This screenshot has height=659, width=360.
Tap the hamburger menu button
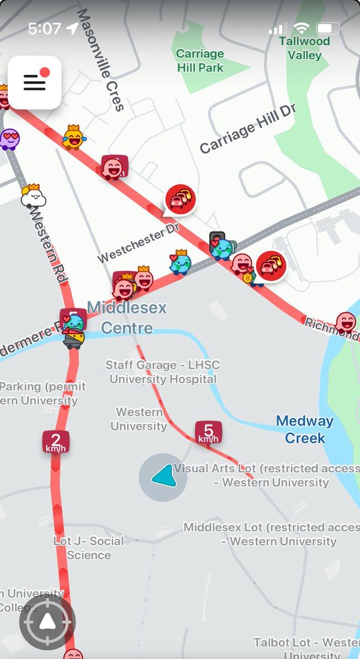34,82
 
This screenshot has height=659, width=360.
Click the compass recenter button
47,622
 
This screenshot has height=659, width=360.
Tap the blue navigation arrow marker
162,477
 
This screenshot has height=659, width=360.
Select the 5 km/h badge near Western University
209,432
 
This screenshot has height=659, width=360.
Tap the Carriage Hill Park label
200,60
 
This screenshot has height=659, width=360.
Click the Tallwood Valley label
305,48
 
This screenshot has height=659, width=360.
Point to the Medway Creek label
305,429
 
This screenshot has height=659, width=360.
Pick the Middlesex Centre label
127,317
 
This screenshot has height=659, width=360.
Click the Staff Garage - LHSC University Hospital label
162,372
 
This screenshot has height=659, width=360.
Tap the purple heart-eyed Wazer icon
9,138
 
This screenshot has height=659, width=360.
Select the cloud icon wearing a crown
33,196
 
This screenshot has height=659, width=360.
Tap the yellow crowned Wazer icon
73,137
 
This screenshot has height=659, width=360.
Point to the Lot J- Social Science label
88,548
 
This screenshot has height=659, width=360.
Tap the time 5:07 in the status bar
43,29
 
